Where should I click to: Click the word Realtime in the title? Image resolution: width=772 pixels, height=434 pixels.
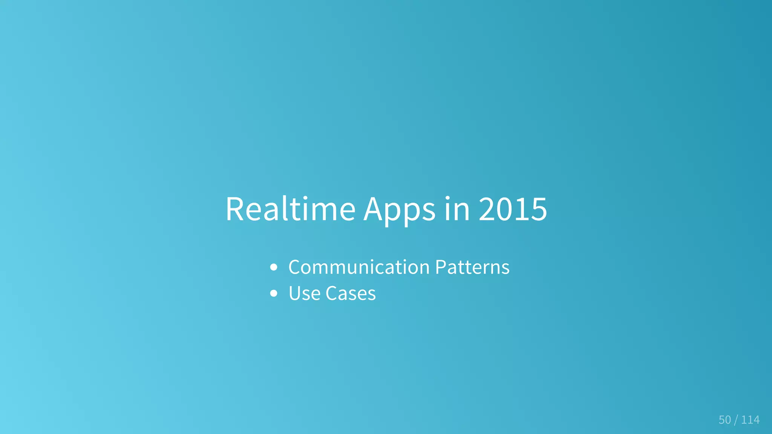coord(290,209)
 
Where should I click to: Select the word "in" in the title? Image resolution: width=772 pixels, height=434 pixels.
coord(457,209)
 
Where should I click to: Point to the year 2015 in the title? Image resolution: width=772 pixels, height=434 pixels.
coord(513,209)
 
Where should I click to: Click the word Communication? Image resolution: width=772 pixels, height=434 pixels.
coord(359,267)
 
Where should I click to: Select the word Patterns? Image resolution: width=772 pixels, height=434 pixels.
coord(472,267)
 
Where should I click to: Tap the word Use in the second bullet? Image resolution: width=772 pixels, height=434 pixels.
coord(304,294)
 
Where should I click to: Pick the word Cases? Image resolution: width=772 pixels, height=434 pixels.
coord(351,294)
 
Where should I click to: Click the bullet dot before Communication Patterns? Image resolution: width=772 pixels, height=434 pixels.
coord(274,268)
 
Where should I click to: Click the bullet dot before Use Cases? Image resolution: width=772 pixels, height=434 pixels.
coord(274,294)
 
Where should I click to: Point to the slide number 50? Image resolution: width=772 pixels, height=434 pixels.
coord(725,420)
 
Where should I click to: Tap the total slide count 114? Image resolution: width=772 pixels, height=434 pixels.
coord(750,420)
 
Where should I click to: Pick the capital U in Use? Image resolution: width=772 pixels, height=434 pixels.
coord(295,294)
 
